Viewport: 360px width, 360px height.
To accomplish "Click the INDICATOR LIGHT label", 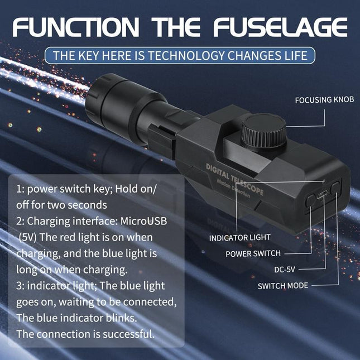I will tap(240, 238).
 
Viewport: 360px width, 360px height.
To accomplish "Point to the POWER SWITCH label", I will tap(253, 253).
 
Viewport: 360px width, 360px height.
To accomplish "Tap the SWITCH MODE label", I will tap(282, 286).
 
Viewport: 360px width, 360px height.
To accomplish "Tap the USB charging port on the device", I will tap(323, 196).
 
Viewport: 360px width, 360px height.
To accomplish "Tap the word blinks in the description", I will tap(121, 318).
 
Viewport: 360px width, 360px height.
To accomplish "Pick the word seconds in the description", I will tap(90, 205).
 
